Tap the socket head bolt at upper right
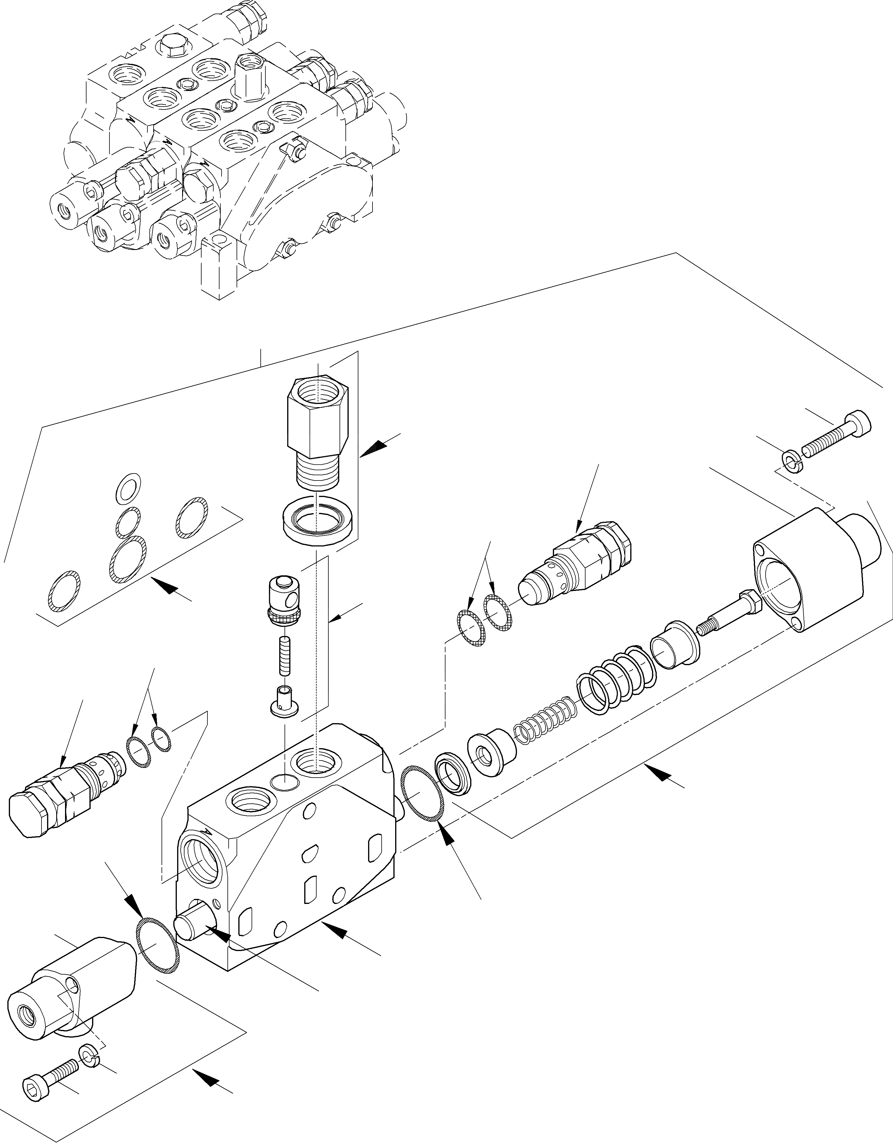coord(837,434)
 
